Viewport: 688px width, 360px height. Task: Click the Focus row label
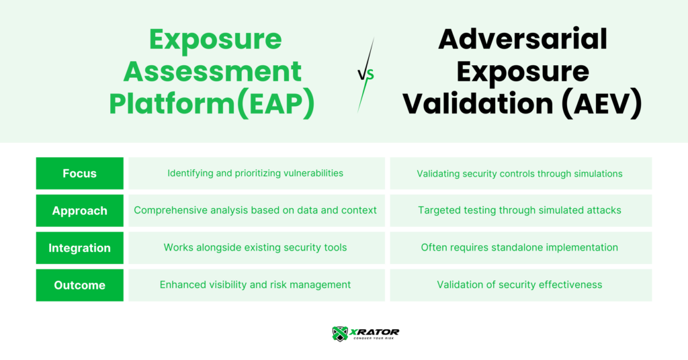coord(79,173)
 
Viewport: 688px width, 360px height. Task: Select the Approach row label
coord(79,210)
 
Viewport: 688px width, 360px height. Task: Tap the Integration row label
coord(79,248)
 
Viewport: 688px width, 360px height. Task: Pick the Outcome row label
coord(79,285)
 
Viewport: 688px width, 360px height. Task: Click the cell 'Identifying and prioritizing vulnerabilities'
coord(257,173)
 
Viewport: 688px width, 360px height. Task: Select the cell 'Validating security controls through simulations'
coord(521,173)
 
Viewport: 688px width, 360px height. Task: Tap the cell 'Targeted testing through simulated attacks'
coord(521,210)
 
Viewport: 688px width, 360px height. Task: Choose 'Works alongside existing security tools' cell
coord(257,248)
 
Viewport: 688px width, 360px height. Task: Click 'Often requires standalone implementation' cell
coord(521,248)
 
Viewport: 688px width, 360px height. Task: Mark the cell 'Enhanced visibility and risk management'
coord(257,285)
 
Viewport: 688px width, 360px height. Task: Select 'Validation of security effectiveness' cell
coord(521,285)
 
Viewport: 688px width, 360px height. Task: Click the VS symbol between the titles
coord(365,75)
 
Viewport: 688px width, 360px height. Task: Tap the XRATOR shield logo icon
coord(340,334)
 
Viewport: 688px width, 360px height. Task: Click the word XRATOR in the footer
coord(374,332)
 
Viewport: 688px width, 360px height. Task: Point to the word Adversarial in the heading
coord(523,39)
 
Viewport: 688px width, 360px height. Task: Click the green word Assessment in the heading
coord(212,71)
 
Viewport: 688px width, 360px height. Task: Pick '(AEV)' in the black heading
coord(601,103)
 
